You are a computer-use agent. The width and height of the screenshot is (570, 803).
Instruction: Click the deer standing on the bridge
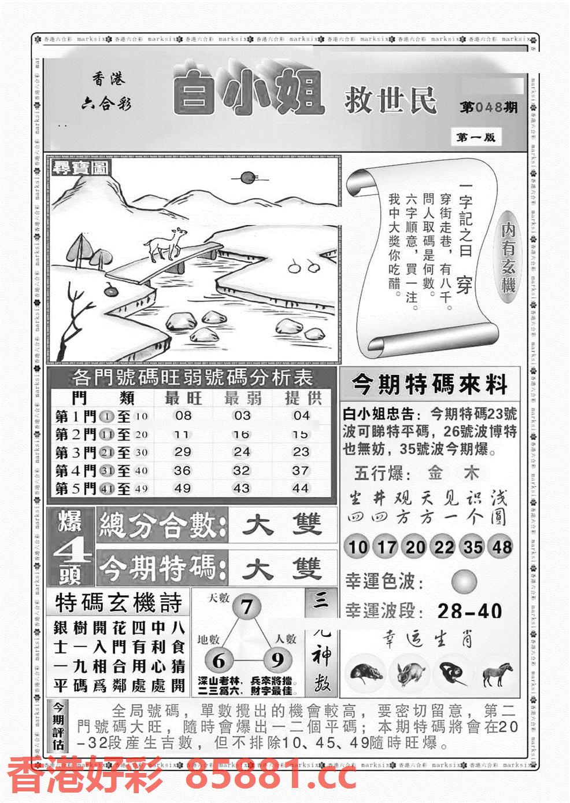pyautogui.click(x=166, y=244)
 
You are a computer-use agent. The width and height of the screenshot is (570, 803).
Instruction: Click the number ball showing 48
pyautogui.click(x=500, y=547)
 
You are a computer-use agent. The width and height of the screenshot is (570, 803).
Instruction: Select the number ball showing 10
pyautogui.click(x=358, y=547)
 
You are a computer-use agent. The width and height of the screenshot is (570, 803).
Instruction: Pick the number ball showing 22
pyautogui.click(x=443, y=547)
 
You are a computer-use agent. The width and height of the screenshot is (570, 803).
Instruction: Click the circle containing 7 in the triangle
pyautogui.click(x=247, y=607)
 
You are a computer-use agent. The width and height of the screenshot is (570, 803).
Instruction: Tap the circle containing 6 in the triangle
pyautogui.click(x=218, y=661)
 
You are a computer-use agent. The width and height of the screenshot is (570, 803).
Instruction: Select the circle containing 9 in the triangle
pyautogui.click(x=276, y=661)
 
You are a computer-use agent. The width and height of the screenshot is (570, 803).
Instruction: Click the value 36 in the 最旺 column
pyautogui.click(x=183, y=471)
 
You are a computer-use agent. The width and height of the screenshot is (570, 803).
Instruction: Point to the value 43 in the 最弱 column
pyautogui.click(x=241, y=489)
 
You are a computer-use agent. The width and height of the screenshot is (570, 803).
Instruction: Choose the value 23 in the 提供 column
pyautogui.click(x=301, y=452)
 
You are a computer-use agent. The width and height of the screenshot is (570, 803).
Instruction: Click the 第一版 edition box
pyautogui.click(x=476, y=138)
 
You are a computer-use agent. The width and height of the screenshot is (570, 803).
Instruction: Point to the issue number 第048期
pyautogui.click(x=488, y=108)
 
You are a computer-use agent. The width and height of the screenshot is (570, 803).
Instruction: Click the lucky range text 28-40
pyautogui.click(x=469, y=611)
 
